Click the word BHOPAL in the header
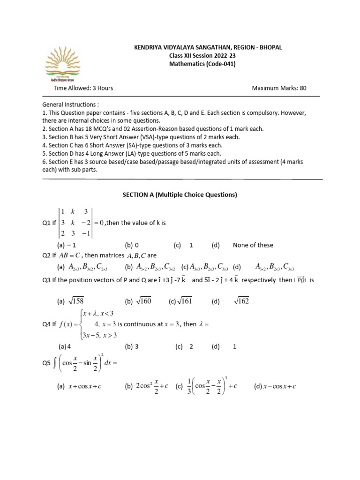pos(269,47)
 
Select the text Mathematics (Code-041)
pos(202,64)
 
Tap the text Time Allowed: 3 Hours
pos(83,88)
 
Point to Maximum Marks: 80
pos(279,88)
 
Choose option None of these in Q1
pos(253,245)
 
